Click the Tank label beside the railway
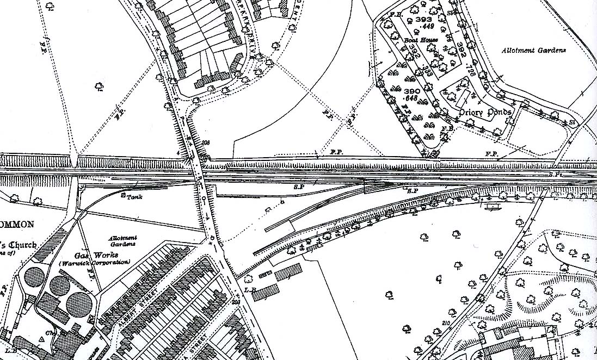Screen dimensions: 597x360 coord(134,197)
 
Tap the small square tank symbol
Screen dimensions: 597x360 coord(123,194)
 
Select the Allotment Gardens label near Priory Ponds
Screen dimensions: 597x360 coord(533,50)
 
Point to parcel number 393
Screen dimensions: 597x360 coord(423,19)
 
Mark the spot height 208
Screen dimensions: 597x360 coord(205,143)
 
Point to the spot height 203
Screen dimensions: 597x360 coord(236,302)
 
